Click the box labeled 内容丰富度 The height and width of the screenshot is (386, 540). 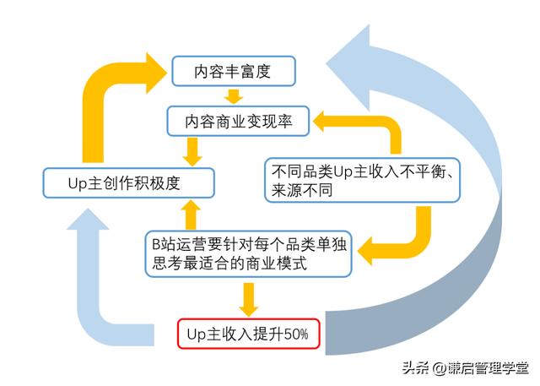pyautogui.click(x=234, y=70)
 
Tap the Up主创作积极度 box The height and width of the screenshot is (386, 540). pyautogui.click(x=128, y=182)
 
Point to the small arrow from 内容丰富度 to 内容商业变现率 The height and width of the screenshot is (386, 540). pyautogui.click(x=234, y=95)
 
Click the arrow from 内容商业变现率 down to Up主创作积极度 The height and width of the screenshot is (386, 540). pyautogui.click(x=192, y=151)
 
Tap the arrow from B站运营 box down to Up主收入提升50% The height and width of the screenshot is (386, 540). pyautogui.click(x=248, y=297)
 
